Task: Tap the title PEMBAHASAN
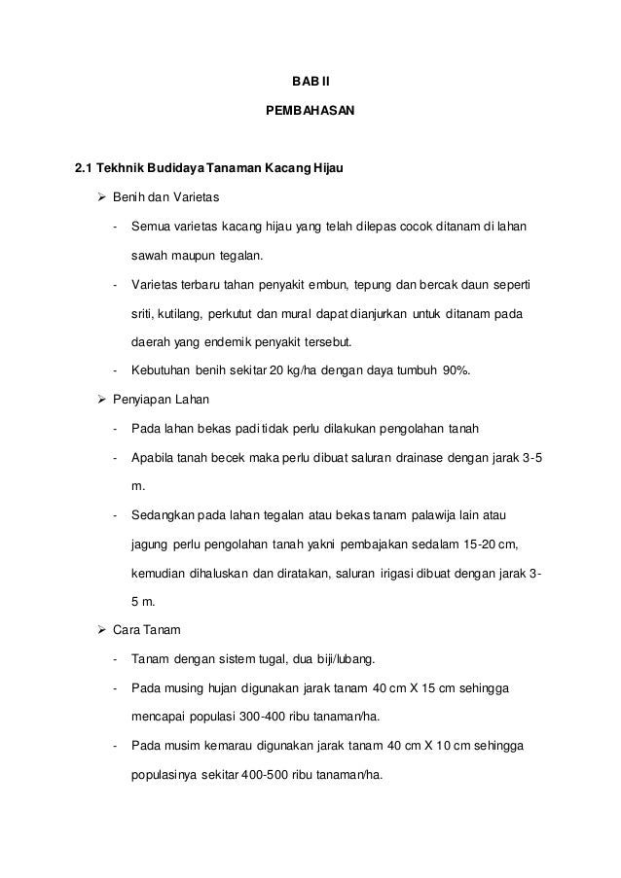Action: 310,113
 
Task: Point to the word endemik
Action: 226,342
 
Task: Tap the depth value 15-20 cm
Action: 494,542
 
